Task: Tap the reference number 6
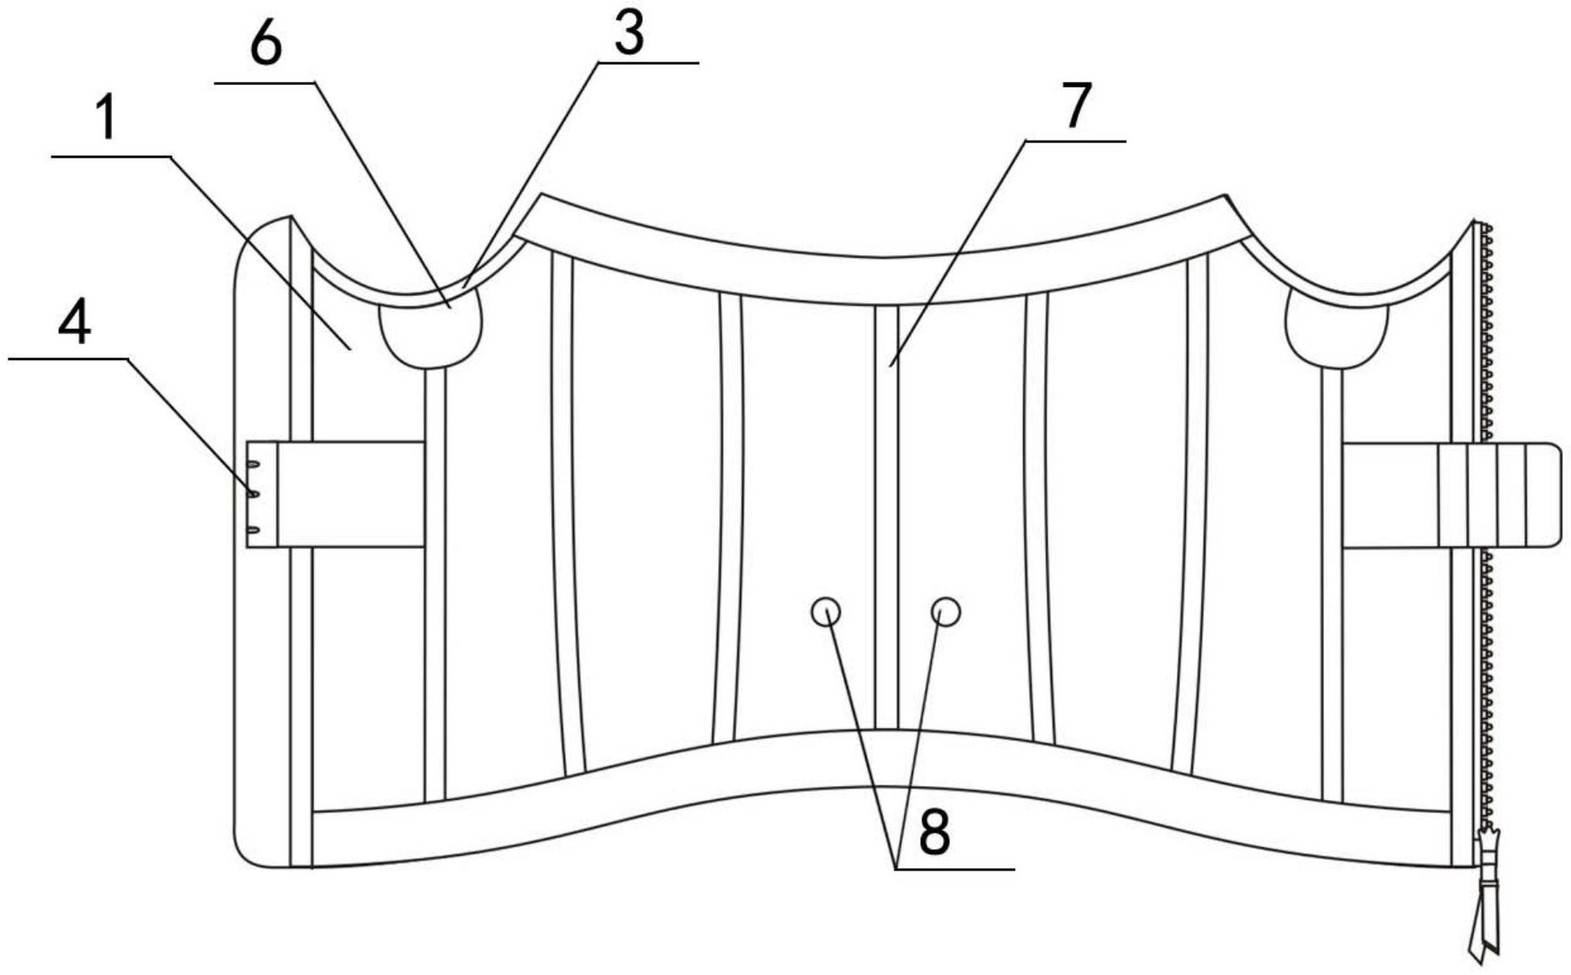click(266, 45)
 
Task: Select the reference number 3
click(629, 34)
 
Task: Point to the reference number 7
click(1077, 106)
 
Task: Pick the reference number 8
click(934, 833)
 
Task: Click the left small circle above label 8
click(826, 611)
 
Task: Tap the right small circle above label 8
click(946, 611)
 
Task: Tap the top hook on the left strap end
click(254, 465)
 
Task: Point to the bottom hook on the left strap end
click(254, 530)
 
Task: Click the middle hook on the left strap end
click(254, 494)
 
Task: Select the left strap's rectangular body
click(351, 494)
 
